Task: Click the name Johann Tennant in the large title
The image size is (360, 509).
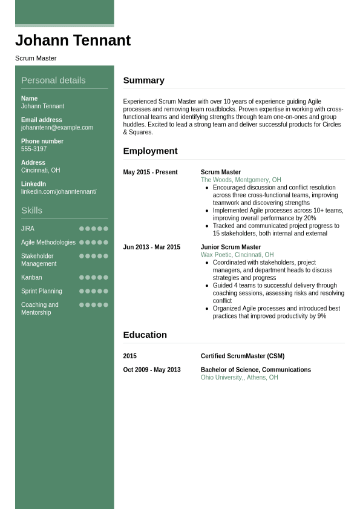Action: [73, 41]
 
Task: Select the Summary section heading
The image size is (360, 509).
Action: [143, 80]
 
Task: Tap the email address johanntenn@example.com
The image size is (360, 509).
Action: [57, 128]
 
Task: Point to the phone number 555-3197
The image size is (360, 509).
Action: [34, 149]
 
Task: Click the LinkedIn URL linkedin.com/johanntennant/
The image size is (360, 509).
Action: [59, 192]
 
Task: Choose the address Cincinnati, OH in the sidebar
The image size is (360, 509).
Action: [41, 171]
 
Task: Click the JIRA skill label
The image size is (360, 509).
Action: [28, 229]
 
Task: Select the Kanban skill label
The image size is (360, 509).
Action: [31, 278]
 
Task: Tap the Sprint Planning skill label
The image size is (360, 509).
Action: [42, 291]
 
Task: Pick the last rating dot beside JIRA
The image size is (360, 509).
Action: [106, 229]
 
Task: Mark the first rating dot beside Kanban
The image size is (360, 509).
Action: [82, 278]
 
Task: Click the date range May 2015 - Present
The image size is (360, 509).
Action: [150, 172]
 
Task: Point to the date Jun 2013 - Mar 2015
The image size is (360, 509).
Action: [151, 248]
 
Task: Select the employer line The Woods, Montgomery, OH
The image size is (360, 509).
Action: [241, 180]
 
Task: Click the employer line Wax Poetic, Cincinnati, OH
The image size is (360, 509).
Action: [237, 255]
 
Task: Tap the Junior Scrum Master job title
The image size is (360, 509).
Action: [231, 248]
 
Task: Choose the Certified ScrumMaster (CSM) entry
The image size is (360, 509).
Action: [242, 356]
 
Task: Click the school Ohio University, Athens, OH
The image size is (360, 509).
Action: [239, 378]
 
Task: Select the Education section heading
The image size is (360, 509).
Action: [145, 335]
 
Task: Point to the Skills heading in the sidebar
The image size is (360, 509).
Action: [31, 211]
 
